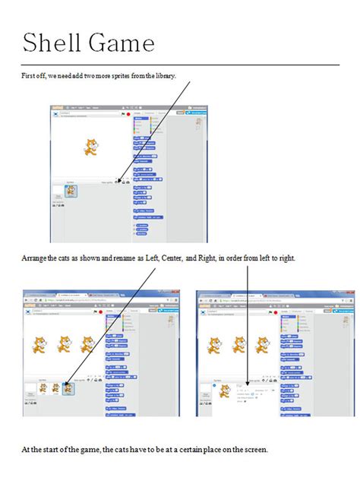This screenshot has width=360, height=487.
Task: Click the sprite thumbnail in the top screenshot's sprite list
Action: pos(70,191)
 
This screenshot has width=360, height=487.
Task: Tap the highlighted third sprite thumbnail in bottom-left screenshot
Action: pos(69,388)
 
